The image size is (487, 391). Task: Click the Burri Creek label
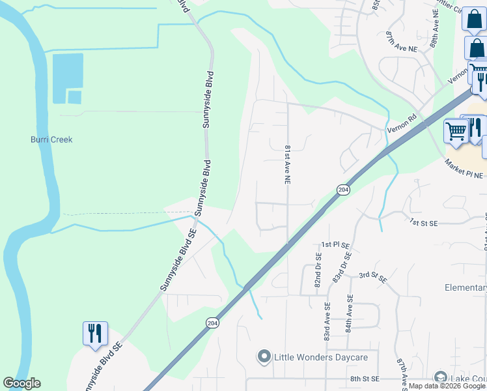pos(51,139)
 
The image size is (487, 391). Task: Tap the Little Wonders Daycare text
pos(321,357)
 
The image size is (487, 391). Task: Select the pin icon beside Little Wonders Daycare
pos(264,356)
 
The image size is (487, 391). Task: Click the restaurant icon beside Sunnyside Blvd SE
pos(95,333)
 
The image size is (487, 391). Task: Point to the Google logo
pos(21,384)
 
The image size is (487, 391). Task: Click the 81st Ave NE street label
pos(286,164)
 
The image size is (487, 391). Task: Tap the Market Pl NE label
pos(464,169)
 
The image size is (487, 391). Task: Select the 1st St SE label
pos(424,223)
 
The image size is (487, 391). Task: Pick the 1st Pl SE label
pos(335,246)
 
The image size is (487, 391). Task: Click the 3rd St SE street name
pos(373,276)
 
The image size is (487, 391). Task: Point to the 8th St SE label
pos(364,379)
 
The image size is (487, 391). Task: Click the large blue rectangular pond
pos(68,71)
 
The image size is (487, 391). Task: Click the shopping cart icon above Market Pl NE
pos(455,130)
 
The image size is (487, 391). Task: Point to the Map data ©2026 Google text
pos(447,386)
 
